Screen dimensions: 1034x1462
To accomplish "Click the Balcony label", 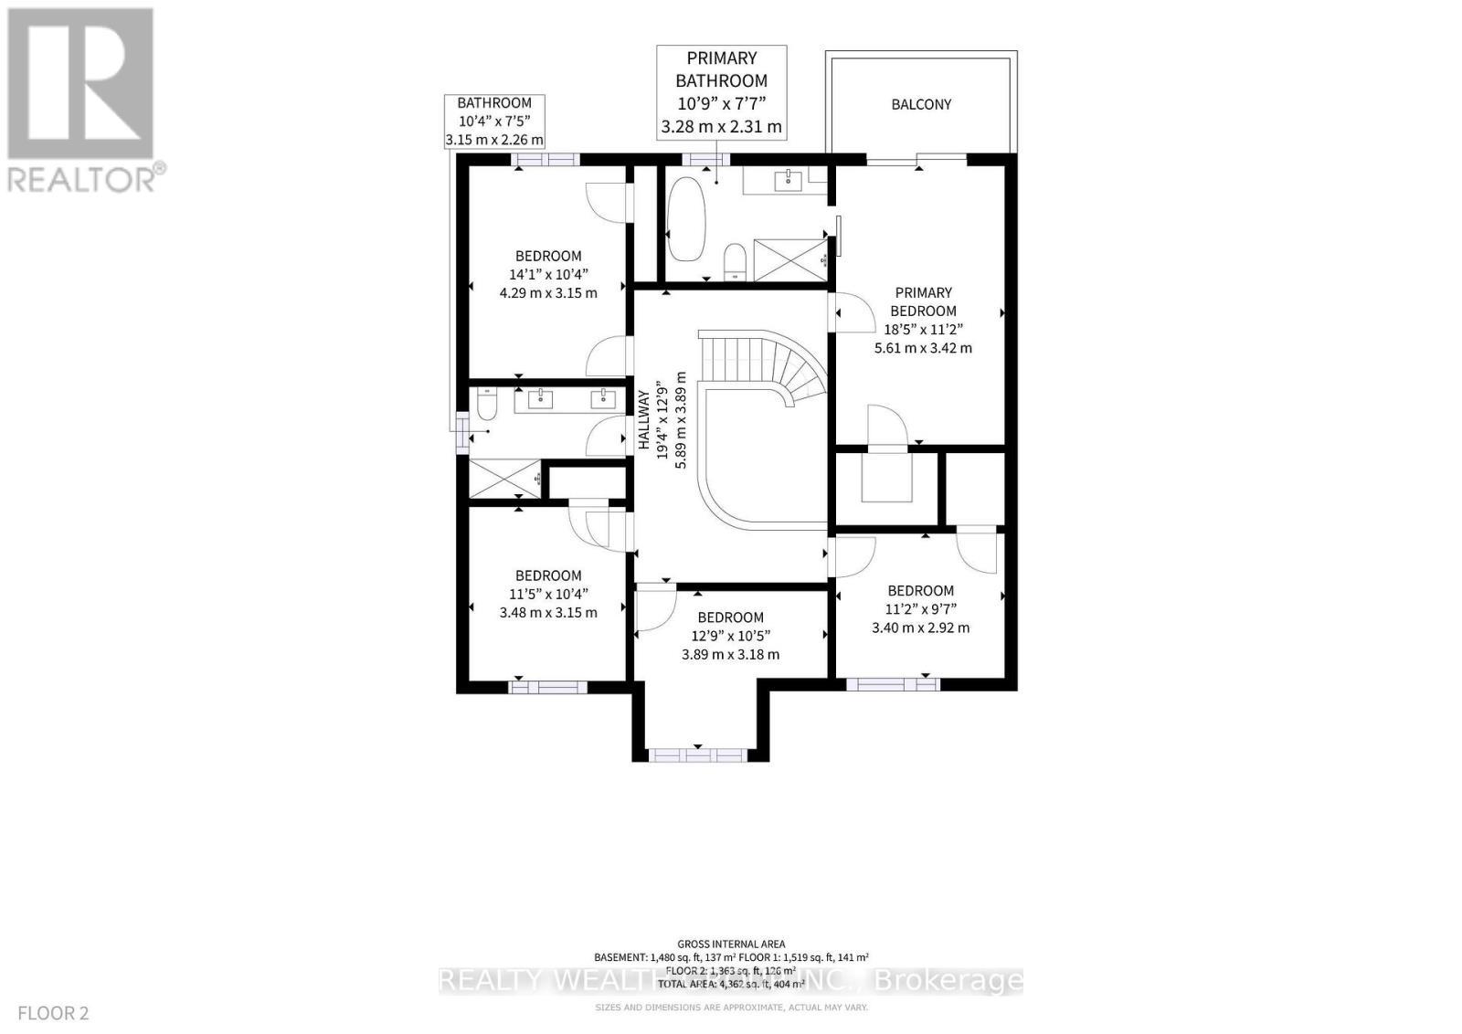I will [x=921, y=104].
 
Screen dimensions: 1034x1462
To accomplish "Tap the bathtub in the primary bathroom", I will [x=685, y=219].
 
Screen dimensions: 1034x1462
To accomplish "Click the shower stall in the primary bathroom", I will [x=789, y=259].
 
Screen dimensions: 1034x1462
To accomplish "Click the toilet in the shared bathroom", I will [x=486, y=404].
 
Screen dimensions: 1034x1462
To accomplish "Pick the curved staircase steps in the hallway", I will [x=777, y=365].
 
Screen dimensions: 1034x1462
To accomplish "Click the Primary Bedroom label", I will [x=923, y=301].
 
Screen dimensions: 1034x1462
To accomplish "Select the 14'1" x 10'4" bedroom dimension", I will [x=548, y=274].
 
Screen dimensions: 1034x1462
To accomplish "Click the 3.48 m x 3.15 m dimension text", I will [x=548, y=612].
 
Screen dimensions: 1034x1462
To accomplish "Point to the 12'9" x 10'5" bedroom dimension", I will [x=730, y=636].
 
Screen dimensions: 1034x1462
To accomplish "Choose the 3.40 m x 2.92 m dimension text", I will [x=920, y=628].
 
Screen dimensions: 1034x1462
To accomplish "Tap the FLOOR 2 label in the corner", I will [x=53, y=1013].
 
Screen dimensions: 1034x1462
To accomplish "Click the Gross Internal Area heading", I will [x=731, y=944].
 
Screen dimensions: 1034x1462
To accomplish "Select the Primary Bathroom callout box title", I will [x=722, y=69].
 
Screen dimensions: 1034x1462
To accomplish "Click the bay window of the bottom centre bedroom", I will [x=697, y=754].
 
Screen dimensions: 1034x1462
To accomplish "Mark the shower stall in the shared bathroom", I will [x=504, y=479].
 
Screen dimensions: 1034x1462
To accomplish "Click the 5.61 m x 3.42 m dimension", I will [x=923, y=348].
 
